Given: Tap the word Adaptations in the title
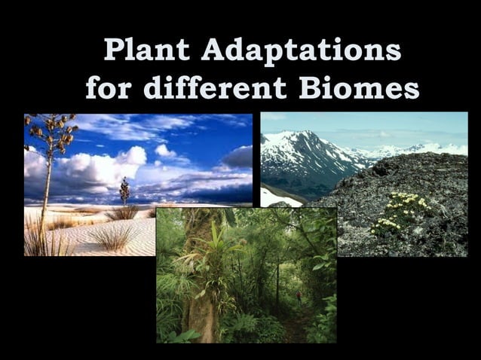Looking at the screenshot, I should [302, 50].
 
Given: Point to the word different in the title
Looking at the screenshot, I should [216, 87].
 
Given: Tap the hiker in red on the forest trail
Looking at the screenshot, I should [299, 296].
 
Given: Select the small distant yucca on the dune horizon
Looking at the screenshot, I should [124, 189].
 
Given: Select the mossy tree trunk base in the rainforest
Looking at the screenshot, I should [201, 316].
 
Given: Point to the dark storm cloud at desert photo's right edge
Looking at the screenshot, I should [239, 157].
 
